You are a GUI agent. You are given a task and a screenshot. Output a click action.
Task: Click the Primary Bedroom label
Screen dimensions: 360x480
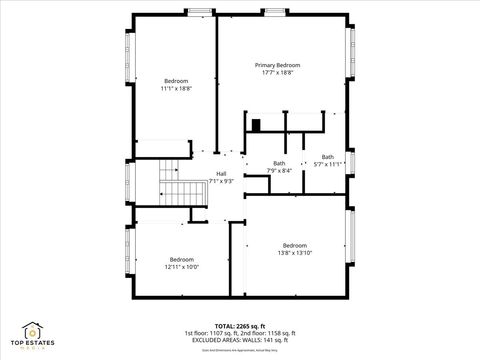pyautogui.click(x=277, y=65)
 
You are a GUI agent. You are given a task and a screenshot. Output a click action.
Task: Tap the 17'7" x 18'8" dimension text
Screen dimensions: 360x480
pyautogui.click(x=277, y=73)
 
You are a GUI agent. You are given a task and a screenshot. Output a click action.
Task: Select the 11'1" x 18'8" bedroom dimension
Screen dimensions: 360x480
pyautogui.click(x=176, y=89)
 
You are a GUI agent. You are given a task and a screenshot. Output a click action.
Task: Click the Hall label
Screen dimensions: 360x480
pyautogui.click(x=221, y=173)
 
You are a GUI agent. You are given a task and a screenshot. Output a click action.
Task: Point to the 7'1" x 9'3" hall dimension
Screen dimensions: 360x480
pyautogui.click(x=221, y=181)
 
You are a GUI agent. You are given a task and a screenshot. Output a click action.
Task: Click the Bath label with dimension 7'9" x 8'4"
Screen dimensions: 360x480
pyautogui.click(x=279, y=163)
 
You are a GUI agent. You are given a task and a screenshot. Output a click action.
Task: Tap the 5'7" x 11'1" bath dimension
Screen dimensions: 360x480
pyautogui.click(x=327, y=164)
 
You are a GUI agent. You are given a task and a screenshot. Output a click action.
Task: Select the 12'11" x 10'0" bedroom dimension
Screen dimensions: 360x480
pyautogui.click(x=182, y=267)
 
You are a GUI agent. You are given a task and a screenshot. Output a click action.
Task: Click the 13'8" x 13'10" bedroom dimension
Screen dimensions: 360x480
pyautogui.click(x=295, y=254)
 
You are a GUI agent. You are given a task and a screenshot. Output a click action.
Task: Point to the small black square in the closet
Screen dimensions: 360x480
pyautogui.click(x=256, y=125)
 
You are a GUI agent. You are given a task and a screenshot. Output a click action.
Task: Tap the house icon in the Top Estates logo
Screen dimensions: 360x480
pyautogui.click(x=32, y=330)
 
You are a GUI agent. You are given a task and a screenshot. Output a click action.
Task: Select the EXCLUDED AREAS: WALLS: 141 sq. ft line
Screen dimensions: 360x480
pyautogui.click(x=239, y=340)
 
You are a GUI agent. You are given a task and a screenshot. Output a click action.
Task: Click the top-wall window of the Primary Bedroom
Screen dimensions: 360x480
pyautogui.click(x=275, y=12)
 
